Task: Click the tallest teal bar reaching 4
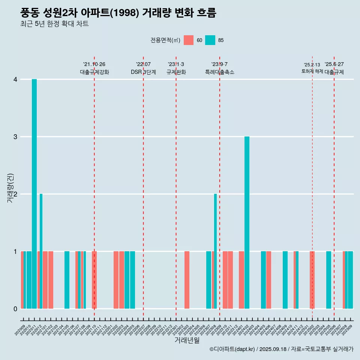point(34,194)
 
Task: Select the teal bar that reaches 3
point(247,222)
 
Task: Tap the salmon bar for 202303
point(187,280)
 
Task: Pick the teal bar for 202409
point(285,280)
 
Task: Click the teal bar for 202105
point(67,280)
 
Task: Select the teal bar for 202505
point(328,280)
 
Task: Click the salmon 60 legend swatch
point(189,40)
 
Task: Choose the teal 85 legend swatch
point(210,40)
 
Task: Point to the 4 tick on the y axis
point(15,79)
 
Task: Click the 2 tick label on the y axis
point(15,194)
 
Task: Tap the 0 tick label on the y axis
point(15,309)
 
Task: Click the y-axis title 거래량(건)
point(10,188)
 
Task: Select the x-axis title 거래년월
point(187,340)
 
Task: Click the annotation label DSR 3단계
point(143,72)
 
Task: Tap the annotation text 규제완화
point(176,72)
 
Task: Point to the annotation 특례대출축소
point(219,72)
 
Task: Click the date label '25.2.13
point(312,65)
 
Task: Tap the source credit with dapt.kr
point(281,349)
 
